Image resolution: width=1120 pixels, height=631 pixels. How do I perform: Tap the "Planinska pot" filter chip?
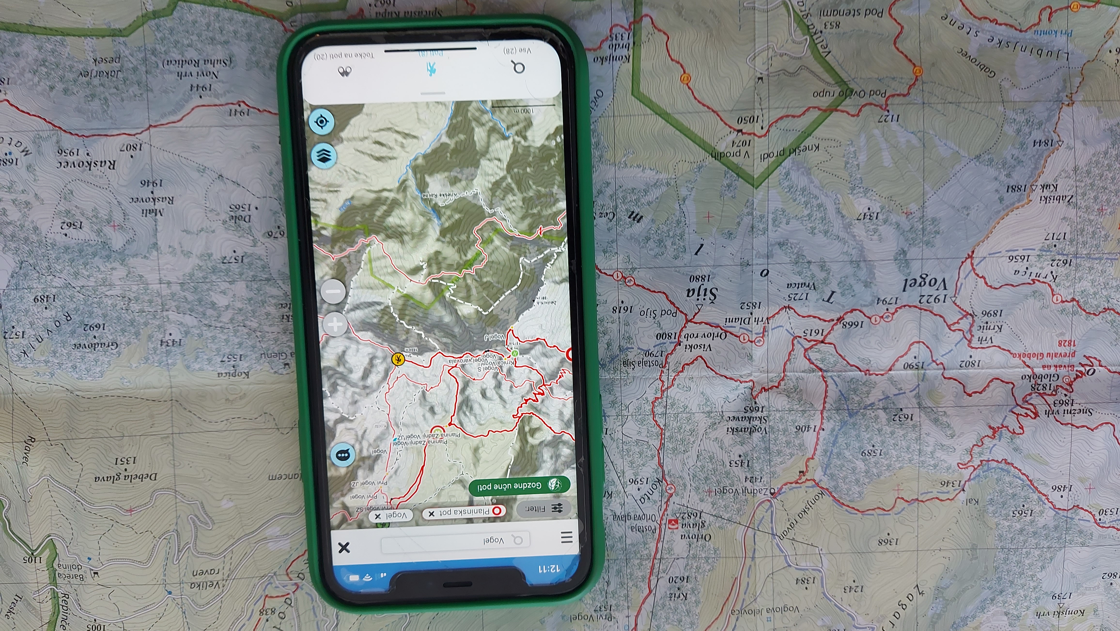coord(464,512)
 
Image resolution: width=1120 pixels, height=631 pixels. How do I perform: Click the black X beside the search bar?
coord(344,547)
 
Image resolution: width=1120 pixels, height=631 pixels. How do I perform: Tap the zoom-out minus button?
coord(334,291)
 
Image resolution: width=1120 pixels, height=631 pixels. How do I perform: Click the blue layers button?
coord(324,156)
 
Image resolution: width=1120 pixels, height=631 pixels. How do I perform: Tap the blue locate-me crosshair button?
coord(321,121)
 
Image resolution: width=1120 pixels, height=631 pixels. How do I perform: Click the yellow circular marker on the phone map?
coord(398,359)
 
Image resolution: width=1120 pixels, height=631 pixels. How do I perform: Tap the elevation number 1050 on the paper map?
coord(748,120)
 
